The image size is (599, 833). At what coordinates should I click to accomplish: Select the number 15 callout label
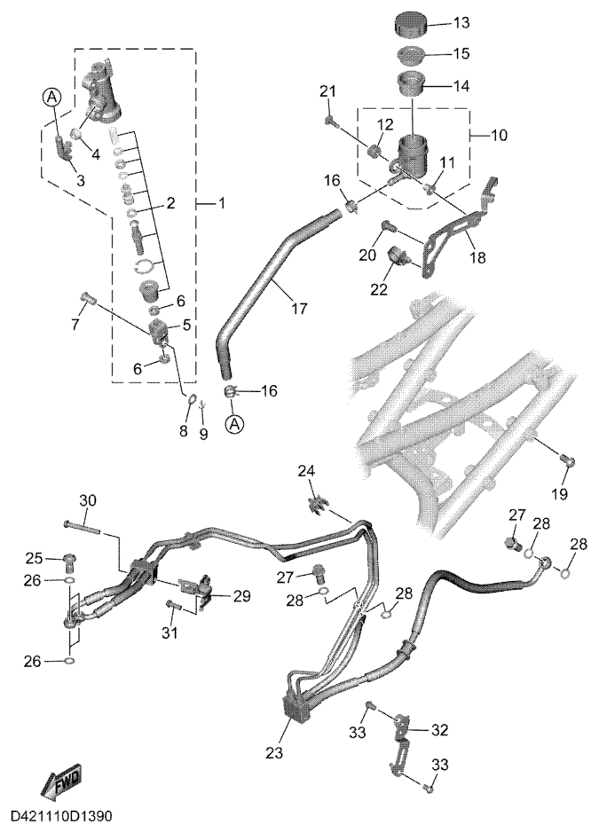coord(461,53)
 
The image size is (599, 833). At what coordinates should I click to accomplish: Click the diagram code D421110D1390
coord(61,815)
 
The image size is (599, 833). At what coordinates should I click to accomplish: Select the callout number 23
coord(275,752)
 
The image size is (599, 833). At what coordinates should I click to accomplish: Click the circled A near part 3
coord(51,97)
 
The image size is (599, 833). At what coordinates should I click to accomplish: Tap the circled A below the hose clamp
coord(234,424)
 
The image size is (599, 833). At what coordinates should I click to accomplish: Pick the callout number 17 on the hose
coord(299,308)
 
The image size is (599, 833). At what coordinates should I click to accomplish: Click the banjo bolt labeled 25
coord(69,559)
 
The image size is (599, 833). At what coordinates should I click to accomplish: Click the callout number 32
coord(439,730)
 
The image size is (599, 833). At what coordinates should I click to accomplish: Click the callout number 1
coord(220,203)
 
